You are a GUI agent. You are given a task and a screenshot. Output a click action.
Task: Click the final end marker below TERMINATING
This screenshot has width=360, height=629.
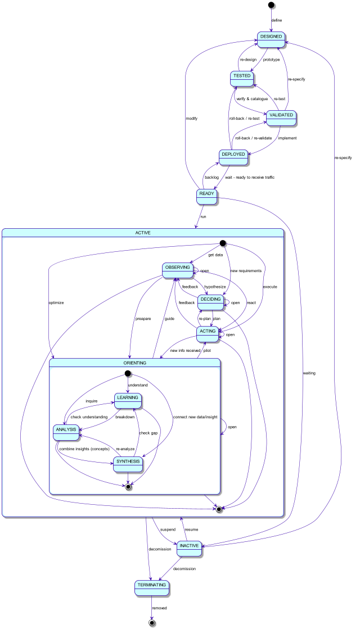[151, 623]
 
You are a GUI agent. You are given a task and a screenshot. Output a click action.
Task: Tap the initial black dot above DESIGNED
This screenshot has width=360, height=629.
[271, 5]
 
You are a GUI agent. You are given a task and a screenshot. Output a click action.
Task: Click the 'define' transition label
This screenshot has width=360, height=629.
[277, 20]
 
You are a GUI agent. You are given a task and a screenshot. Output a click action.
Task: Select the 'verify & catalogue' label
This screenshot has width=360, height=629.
[252, 99]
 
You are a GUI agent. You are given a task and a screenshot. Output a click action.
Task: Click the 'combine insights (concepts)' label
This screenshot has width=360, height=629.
[84, 449]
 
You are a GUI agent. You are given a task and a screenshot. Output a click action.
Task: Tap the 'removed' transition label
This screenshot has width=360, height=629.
[160, 608]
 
